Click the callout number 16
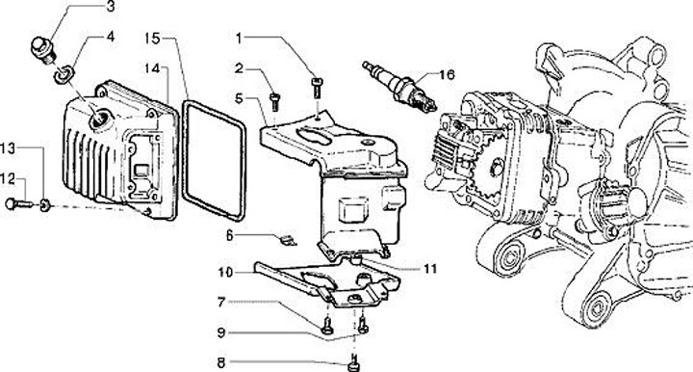pos(447,74)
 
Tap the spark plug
pos(399,87)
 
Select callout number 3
pos(111,7)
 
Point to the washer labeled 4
pos(64,74)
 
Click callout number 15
pos(152,39)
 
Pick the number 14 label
pos(152,68)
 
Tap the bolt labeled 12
pos(19,204)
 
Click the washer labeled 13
pos(44,205)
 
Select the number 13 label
pos(8,148)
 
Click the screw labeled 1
pos(317,88)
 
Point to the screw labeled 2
pos(274,101)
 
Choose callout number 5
pos(239,98)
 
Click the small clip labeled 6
pos(288,241)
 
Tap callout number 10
pos(225,272)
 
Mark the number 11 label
pos(429,269)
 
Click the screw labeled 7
pos(327,326)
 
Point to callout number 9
pos(221,332)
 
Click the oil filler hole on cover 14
pos(100,119)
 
